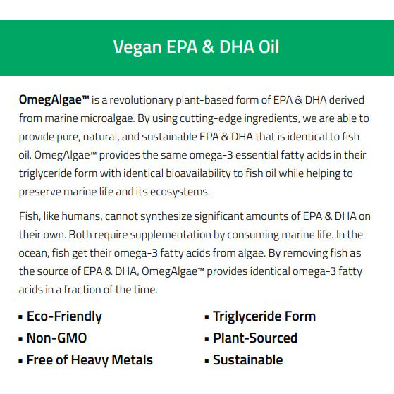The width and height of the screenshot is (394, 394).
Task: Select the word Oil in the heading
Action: tap(267, 47)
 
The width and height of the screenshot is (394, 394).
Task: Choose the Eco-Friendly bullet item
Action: tap(64, 316)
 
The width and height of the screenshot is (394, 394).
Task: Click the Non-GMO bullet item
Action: tap(56, 338)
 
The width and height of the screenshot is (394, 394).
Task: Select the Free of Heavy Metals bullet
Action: tap(90, 360)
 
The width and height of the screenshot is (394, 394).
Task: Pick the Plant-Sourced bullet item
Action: tap(255, 338)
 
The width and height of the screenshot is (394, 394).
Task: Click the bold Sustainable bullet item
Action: tap(248, 360)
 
